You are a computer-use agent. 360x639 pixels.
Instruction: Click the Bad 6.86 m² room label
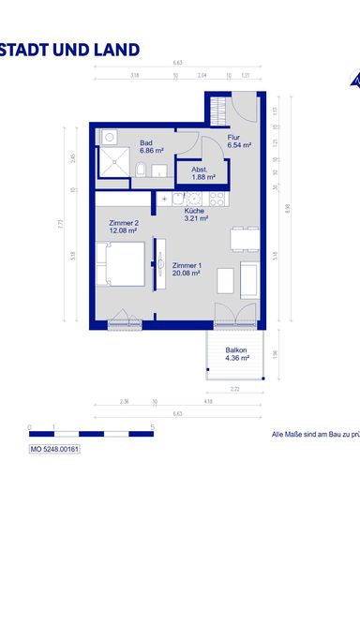(x=152, y=146)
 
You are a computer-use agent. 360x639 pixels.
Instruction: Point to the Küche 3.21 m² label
(x=194, y=215)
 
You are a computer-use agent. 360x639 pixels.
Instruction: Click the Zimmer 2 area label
(x=123, y=227)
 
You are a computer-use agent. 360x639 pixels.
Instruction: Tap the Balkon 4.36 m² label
(x=236, y=353)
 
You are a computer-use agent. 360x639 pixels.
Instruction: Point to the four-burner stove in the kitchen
(x=216, y=199)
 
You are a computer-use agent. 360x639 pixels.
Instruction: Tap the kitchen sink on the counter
(x=193, y=199)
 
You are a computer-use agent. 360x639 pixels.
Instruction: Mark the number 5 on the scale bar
(x=152, y=427)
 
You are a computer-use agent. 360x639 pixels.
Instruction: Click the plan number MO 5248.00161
(x=55, y=450)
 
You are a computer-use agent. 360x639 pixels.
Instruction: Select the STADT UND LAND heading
(x=70, y=50)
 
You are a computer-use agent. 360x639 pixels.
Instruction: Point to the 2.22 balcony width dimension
(x=236, y=388)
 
